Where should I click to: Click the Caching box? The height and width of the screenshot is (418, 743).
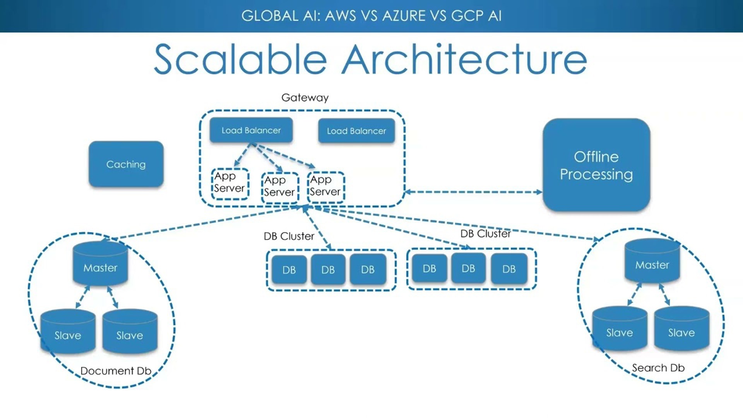pyautogui.click(x=126, y=164)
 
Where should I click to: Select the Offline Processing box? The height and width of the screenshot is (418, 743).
pyautogui.click(x=596, y=165)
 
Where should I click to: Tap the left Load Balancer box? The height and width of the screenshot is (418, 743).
pyautogui.click(x=251, y=130)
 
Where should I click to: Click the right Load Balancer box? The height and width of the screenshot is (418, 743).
pyautogui.click(x=356, y=131)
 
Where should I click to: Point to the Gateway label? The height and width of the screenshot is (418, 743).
pyautogui.click(x=305, y=98)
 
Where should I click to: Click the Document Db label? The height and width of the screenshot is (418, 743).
pyautogui.click(x=116, y=371)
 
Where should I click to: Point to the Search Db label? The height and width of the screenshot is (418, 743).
pyautogui.click(x=658, y=368)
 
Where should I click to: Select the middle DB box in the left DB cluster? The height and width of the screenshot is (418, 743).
pyautogui.click(x=328, y=270)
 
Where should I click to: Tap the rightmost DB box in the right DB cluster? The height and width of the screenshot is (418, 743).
pyautogui.click(x=509, y=269)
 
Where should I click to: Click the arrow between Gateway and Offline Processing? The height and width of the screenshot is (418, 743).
pyautogui.click(x=473, y=192)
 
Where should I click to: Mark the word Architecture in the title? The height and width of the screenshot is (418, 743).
pyautogui.click(x=464, y=60)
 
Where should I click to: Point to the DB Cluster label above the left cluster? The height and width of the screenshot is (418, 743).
pyautogui.click(x=289, y=236)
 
